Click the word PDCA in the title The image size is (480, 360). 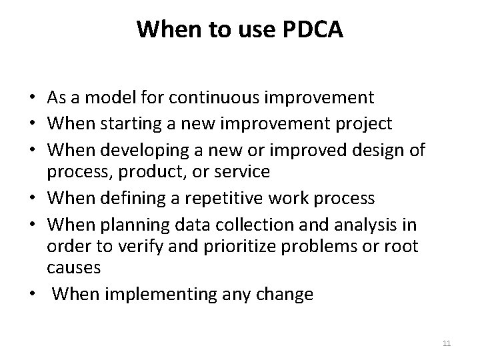pos(313,29)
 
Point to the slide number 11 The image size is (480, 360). pos(447,343)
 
